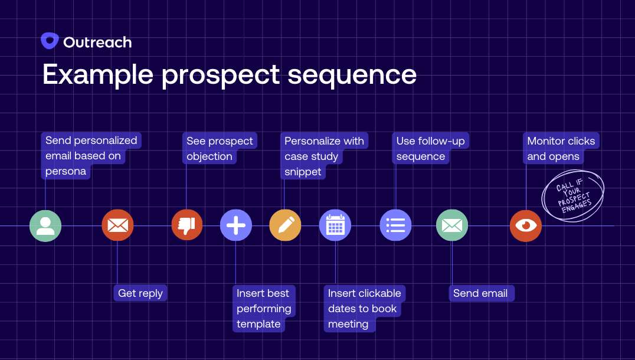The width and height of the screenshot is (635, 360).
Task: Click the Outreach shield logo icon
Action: pos(50,41)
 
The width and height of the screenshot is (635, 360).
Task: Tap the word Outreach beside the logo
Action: pos(97,42)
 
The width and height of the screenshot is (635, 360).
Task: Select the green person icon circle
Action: pos(45,225)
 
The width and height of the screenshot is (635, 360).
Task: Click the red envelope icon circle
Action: pos(117,225)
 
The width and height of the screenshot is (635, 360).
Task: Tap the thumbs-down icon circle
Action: pos(187,225)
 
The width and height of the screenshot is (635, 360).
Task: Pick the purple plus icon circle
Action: pos(236,225)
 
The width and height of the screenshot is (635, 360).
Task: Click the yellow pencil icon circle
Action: pos(285,225)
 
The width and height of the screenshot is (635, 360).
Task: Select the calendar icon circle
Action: pos(335,225)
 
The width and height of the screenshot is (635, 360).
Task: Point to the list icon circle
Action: pos(395,225)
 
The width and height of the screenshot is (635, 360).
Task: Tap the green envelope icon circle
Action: pos(452,225)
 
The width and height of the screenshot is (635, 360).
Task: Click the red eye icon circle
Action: pos(525,225)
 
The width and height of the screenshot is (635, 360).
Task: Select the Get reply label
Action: pos(140,293)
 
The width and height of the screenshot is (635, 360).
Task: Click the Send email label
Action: pos(480,293)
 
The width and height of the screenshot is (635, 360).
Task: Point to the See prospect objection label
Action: pos(219,149)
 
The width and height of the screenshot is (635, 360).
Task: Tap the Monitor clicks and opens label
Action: pos(561,149)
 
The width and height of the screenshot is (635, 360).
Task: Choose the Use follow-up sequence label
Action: pos(430,149)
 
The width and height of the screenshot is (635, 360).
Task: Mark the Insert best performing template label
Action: pos(263,309)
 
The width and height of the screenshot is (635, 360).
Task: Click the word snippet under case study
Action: pos(303,172)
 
